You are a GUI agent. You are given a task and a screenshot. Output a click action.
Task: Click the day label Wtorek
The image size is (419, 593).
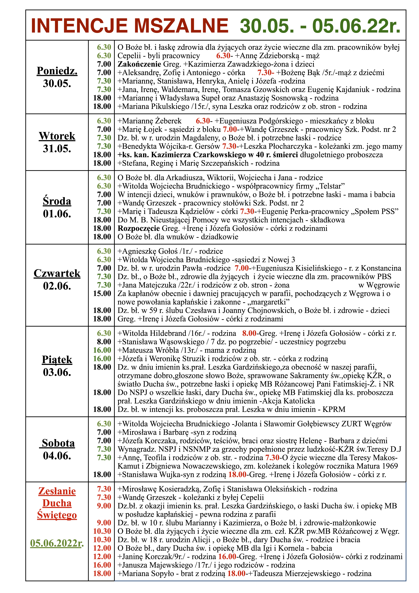(x=57, y=136)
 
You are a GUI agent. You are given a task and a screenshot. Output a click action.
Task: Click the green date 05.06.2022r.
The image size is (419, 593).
(x=57, y=543)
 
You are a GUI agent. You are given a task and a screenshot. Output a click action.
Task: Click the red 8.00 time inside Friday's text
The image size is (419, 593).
(x=249, y=333)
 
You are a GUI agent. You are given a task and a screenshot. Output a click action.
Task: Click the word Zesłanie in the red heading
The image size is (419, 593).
(x=57, y=491)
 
